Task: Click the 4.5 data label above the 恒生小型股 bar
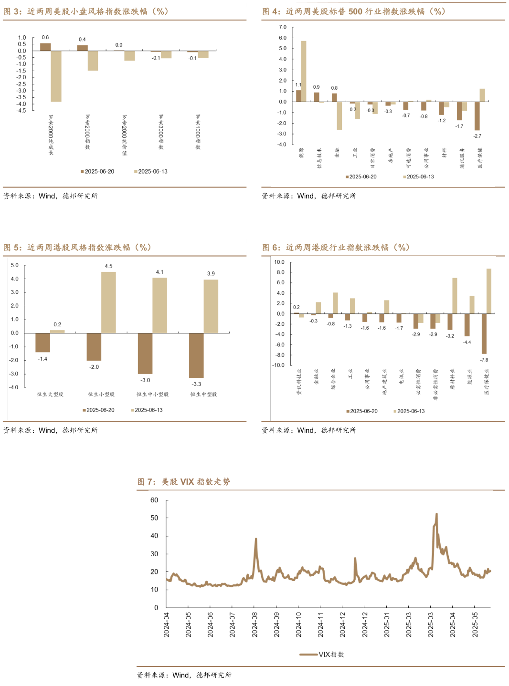pos(108,266)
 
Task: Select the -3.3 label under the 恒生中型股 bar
pos(196,384)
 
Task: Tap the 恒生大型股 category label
pos(50,395)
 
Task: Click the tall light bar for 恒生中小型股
pos(159,305)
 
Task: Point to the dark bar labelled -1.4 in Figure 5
pos(42,343)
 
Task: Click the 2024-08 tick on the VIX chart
pos(254,624)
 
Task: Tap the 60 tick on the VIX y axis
pos(154,500)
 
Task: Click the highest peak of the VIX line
pos(436,514)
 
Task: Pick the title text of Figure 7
pos(184,482)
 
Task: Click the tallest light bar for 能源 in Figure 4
pos(304,71)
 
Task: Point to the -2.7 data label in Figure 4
pos(477,136)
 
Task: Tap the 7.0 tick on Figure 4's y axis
pos(283,27)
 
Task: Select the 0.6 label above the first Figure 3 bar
pos(45,37)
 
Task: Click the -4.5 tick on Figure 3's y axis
pos(21,111)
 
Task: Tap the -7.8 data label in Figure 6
pos(484,360)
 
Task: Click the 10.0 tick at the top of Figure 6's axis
pos(279,262)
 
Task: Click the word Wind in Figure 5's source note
pos(47,430)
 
